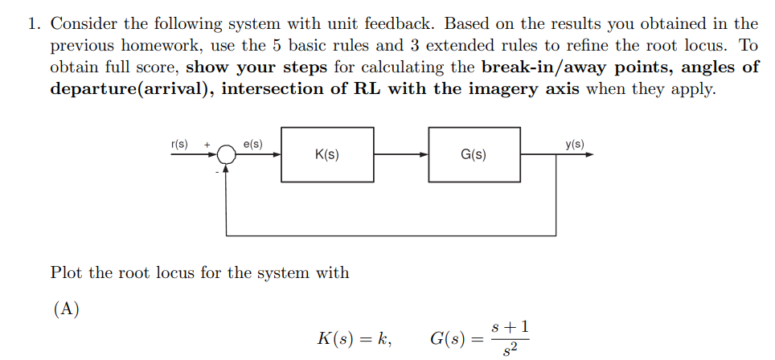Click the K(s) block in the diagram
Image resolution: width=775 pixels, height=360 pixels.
pyautogui.click(x=327, y=154)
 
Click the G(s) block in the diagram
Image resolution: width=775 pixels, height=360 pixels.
pyautogui.click(x=474, y=154)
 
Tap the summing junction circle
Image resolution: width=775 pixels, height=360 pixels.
pyautogui.click(x=228, y=156)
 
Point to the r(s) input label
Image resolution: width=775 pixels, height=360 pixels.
pyautogui.click(x=179, y=145)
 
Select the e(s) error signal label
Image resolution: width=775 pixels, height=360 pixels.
pyautogui.click(x=252, y=145)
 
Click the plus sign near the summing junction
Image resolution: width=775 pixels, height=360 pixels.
pyautogui.click(x=207, y=145)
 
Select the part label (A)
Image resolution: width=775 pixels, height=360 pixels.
pyautogui.click(x=66, y=310)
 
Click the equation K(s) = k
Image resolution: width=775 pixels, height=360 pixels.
pyautogui.click(x=355, y=338)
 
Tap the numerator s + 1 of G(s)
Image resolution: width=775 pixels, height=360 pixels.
pyautogui.click(x=509, y=327)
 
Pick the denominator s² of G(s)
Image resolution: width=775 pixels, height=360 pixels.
pyautogui.click(x=509, y=350)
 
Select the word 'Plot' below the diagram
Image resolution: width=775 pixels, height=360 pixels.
pyautogui.click(x=67, y=272)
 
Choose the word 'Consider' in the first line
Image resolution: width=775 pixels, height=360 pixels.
pyautogui.click(x=83, y=24)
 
